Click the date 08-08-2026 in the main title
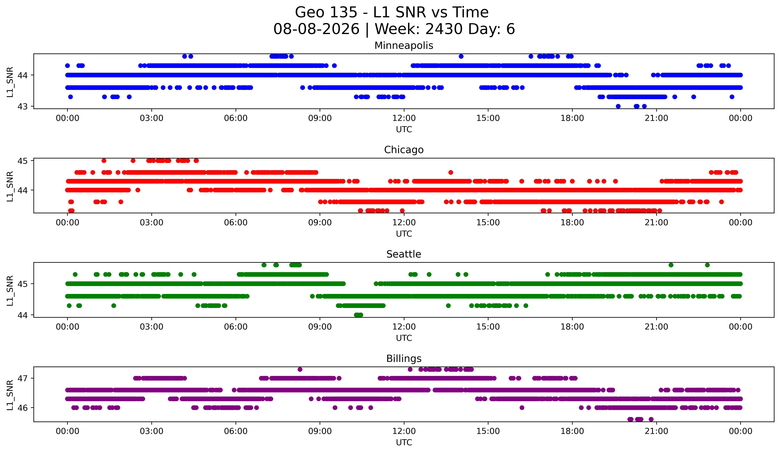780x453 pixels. tap(316, 29)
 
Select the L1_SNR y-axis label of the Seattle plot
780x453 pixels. tap(10, 290)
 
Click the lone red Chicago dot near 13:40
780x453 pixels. tap(451, 173)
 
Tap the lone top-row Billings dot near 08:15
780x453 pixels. tap(300, 369)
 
